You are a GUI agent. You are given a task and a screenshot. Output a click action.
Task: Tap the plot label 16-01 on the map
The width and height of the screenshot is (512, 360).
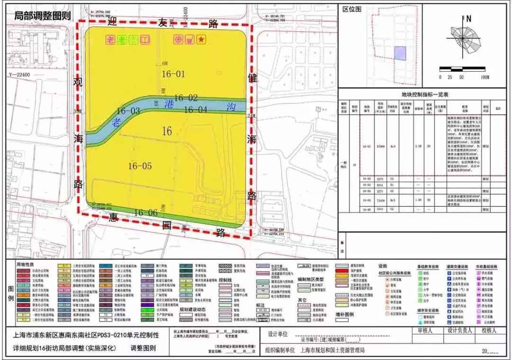(173, 74)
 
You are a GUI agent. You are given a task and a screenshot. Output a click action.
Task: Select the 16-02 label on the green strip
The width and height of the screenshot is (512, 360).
(185, 98)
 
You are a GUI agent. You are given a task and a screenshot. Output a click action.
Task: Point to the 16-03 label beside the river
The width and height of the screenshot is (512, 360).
(128, 111)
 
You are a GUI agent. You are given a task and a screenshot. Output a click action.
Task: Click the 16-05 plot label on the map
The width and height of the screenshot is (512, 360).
(140, 166)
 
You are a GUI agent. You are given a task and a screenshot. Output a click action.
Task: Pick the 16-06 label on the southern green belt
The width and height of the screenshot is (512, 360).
(146, 212)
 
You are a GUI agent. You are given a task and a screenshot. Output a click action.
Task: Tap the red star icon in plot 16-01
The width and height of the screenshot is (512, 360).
(201, 40)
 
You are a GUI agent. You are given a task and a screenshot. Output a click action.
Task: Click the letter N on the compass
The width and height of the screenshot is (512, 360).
(468, 19)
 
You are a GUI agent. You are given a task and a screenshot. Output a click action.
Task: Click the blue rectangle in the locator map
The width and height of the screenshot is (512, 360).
(401, 53)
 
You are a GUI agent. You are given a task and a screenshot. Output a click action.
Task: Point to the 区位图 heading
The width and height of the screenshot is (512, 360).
(352, 9)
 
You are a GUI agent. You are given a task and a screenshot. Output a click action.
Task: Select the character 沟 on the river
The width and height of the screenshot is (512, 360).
(231, 107)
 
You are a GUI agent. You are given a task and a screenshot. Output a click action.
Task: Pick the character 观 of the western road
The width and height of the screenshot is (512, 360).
(78, 82)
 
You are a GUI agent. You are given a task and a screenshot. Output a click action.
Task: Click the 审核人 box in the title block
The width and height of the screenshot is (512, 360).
(427, 330)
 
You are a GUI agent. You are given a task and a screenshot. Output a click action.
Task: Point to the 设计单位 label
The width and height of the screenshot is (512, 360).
(278, 333)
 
